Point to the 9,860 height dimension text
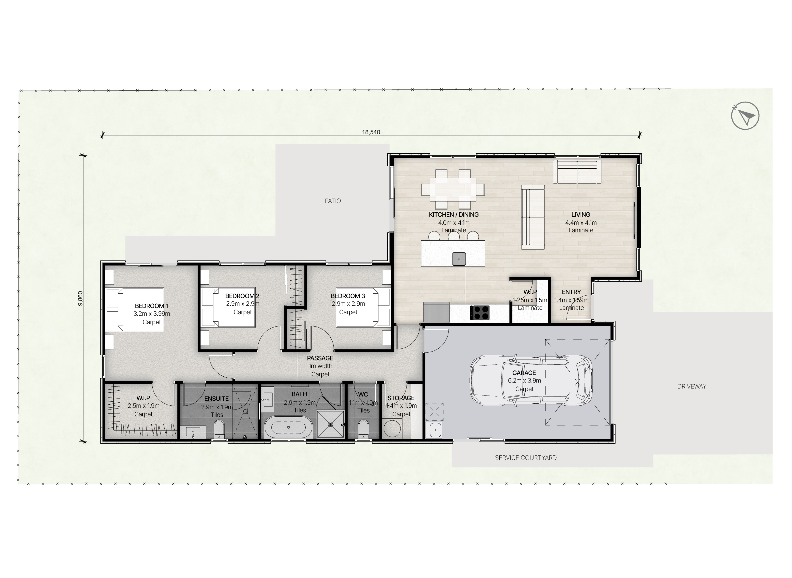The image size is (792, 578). pyautogui.click(x=81, y=298)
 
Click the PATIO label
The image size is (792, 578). pyautogui.click(x=333, y=201)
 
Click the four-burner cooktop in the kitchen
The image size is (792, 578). pyautogui.click(x=480, y=312)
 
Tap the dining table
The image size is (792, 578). pyautogui.click(x=453, y=190)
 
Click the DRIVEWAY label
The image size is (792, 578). pyautogui.click(x=692, y=386)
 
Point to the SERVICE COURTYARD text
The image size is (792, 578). pyautogui.click(x=526, y=458)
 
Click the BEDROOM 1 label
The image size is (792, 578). pyautogui.click(x=151, y=306)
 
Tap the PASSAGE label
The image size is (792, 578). pyautogui.click(x=320, y=358)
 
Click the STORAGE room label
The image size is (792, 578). pyautogui.click(x=401, y=398)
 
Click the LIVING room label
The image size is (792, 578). pyautogui.click(x=581, y=214)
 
